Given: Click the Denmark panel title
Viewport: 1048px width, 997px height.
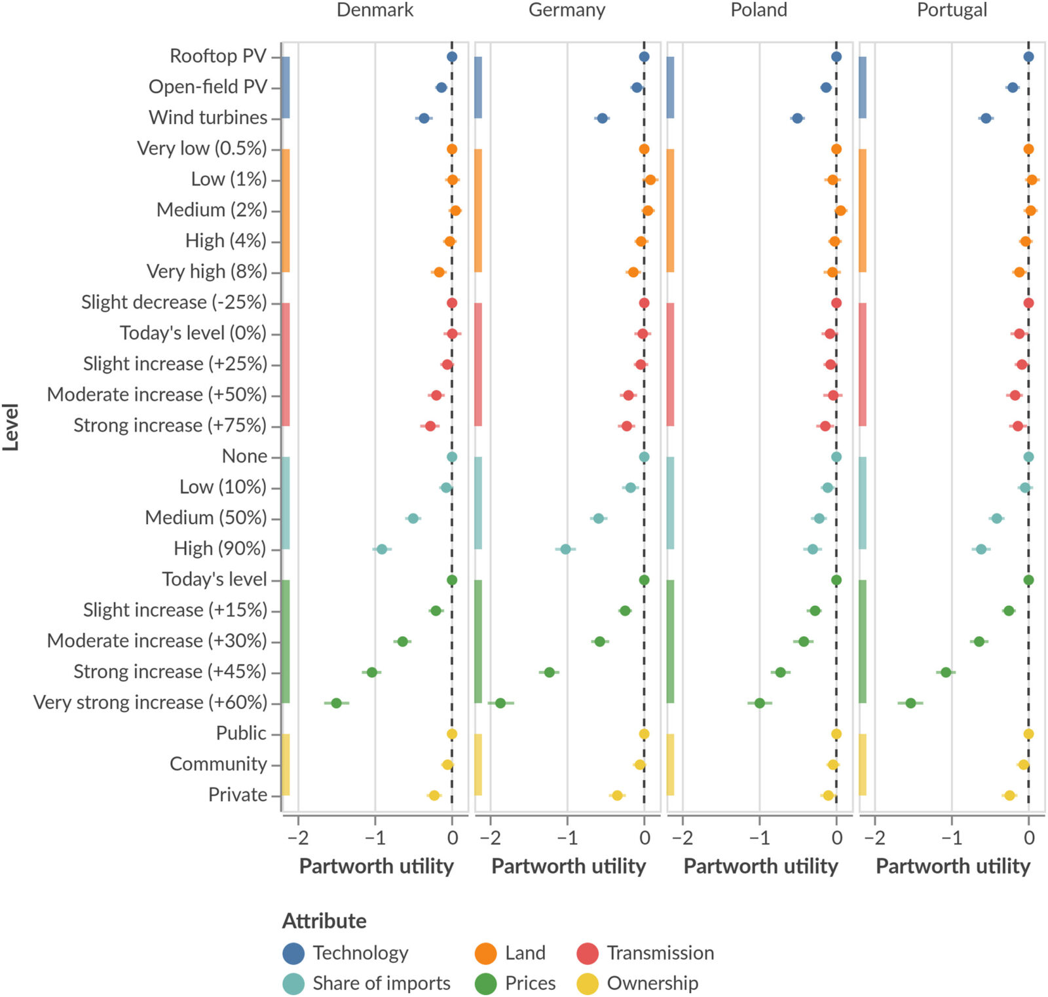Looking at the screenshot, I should click(375, 10).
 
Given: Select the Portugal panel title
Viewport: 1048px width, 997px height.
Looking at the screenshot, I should click(951, 10).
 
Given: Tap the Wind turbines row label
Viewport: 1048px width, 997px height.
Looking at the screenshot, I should click(208, 118).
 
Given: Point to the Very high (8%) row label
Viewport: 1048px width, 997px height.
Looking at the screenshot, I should click(206, 272).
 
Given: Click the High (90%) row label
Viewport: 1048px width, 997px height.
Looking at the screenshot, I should click(219, 549).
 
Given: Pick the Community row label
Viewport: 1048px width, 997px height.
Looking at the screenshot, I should click(218, 764).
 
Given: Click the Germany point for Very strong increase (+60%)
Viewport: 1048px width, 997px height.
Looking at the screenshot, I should click(500, 704).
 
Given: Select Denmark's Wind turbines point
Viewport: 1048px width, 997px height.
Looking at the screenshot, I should click(424, 119).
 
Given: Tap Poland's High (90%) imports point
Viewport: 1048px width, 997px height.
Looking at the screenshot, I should click(813, 549).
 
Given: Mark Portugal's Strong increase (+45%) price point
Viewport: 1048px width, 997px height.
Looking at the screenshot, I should click(946, 673).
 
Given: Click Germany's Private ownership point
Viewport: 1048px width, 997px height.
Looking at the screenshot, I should click(617, 796).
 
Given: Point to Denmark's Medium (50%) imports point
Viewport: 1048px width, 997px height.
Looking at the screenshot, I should click(413, 519).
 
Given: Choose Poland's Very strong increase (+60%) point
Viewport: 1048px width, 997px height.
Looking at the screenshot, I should click(760, 704).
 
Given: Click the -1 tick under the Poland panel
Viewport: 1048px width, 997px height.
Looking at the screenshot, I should click(759, 838).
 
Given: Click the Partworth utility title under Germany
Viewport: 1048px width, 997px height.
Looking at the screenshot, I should click(569, 867).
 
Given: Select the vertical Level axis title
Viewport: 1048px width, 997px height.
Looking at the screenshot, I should click(10, 427).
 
